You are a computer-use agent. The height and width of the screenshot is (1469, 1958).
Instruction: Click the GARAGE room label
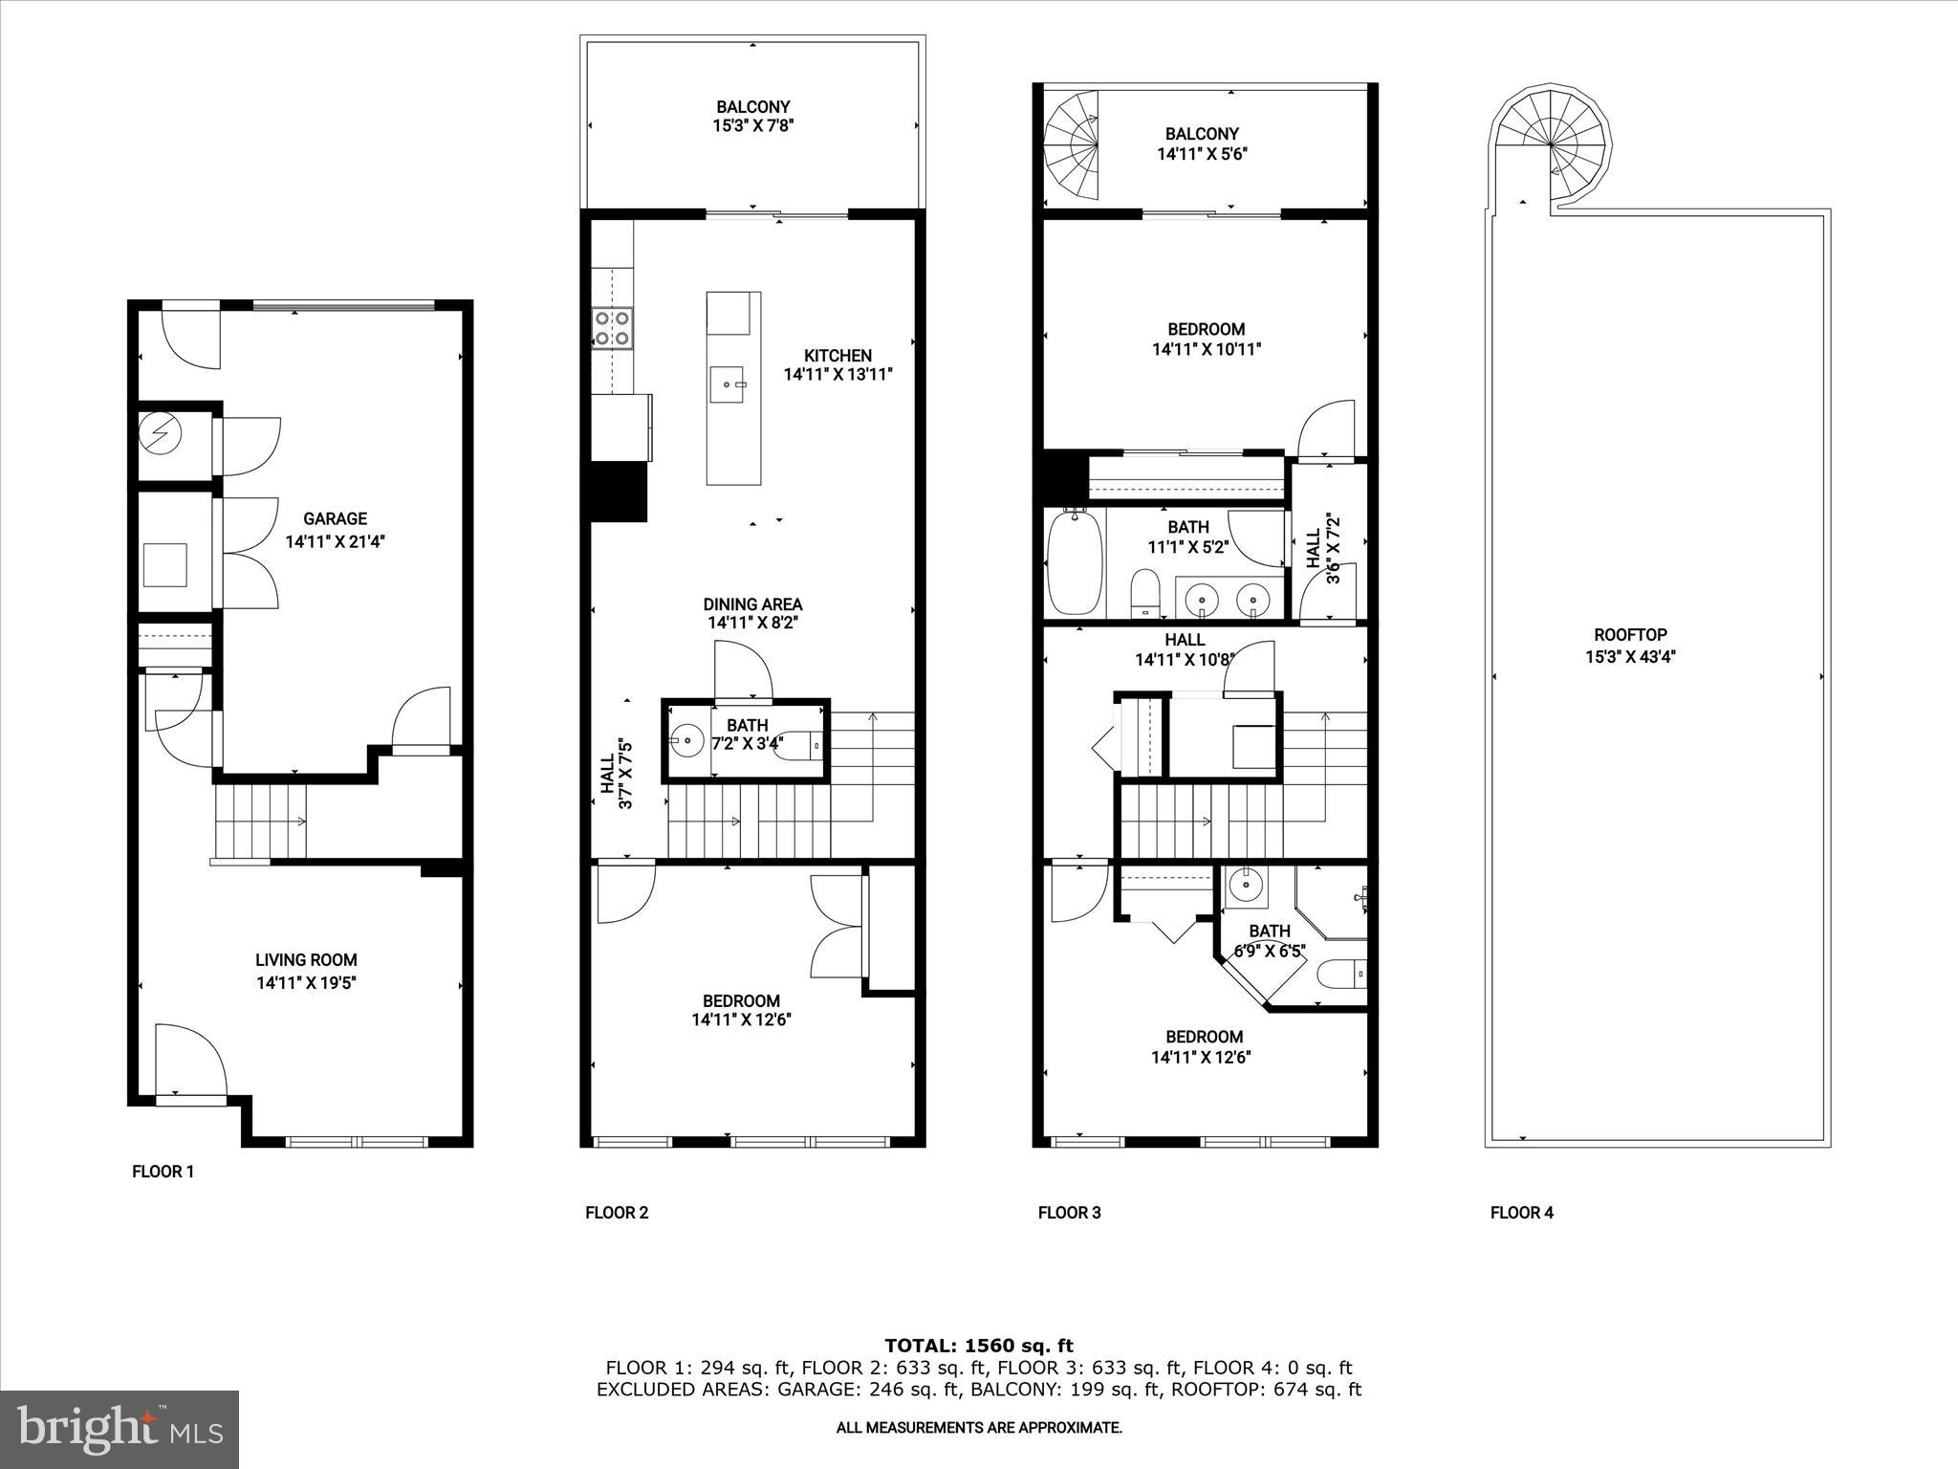click(x=335, y=518)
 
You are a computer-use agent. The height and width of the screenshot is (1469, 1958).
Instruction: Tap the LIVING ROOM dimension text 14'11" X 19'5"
click(x=307, y=982)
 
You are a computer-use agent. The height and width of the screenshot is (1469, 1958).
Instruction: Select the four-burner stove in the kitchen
click(x=612, y=328)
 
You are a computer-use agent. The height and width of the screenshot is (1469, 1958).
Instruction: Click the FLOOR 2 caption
click(x=617, y=1213)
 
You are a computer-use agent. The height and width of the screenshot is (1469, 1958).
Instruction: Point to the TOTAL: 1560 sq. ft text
click(x=979, y=1347)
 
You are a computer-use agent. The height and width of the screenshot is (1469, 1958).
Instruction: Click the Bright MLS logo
click(x=120, y=1430)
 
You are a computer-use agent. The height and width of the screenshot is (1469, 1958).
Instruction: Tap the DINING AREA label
click(x=752, y=604)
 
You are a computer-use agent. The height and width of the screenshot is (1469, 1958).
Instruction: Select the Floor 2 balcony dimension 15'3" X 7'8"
click(x=753, y=125)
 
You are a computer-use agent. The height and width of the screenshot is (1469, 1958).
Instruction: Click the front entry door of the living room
click(x=189, y=1062)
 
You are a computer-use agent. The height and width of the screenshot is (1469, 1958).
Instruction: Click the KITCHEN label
click(x=838, y=355)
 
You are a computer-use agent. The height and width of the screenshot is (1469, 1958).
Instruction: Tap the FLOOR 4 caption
click(x=1521, y=1213)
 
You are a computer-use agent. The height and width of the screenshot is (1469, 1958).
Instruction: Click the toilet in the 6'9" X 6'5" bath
click(x=1342, y=975)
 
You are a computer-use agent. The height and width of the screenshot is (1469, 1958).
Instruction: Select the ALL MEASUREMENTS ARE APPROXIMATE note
click(x=979, y=1428)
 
